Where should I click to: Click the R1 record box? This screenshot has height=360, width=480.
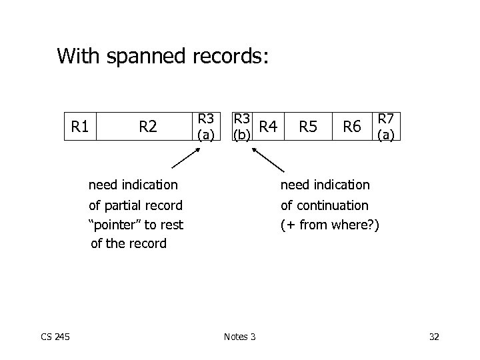(81, 125)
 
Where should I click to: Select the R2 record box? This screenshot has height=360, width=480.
(147, 125)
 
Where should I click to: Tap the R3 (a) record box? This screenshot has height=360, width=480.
(205, 125)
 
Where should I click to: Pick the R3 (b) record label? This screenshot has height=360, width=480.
(241, 126)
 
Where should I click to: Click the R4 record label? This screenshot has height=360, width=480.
(268, 125)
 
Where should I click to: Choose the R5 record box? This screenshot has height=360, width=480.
(307, 125)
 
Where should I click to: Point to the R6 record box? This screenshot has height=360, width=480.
(351, 125)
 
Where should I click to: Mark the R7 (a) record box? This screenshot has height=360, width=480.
(386, 125)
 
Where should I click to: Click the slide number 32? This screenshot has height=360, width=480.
(434, 336)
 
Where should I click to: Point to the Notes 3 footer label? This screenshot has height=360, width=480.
(239, 336)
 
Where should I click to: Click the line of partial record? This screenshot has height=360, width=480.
(136, 205)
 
